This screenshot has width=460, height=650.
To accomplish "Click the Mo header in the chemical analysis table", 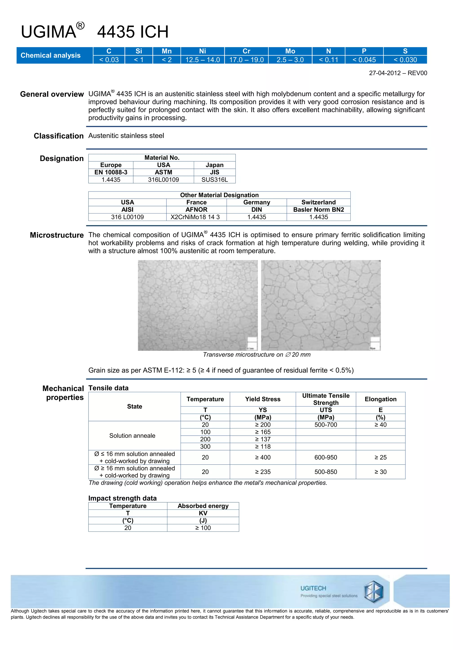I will [x=290, y=51].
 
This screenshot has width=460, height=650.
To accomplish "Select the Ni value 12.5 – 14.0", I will [x=203, y=60].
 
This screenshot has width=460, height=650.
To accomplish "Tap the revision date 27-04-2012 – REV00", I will [x=398, y=73].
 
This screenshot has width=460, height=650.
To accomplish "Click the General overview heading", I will [x=52, y=94].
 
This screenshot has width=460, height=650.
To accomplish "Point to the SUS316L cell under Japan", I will [x=215, y=180].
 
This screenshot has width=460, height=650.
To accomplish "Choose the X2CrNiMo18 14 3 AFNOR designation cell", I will [x=196, y=217].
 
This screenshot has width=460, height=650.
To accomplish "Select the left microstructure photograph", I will [x=198, y=305].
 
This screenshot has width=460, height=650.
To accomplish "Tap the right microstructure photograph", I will [x=321, y=305].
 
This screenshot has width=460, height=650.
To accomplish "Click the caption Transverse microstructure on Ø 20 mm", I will [x=257, y=354].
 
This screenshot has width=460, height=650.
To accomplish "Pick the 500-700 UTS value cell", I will [x=326, y=425].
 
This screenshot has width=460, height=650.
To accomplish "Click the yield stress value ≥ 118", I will [x=263, y=446].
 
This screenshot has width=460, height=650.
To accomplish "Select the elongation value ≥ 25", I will [x=380, y=457].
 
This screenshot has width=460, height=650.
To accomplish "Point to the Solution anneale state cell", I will [x=132, y=435].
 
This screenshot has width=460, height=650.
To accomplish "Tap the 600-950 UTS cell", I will [x=326, y=457].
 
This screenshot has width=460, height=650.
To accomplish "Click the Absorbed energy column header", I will [x=203, y=506].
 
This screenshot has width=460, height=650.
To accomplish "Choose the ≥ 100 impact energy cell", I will [x=203, y=528].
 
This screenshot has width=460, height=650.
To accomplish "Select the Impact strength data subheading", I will [x=122, y=498].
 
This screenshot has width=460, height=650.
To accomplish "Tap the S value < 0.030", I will [x=405, y=60].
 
